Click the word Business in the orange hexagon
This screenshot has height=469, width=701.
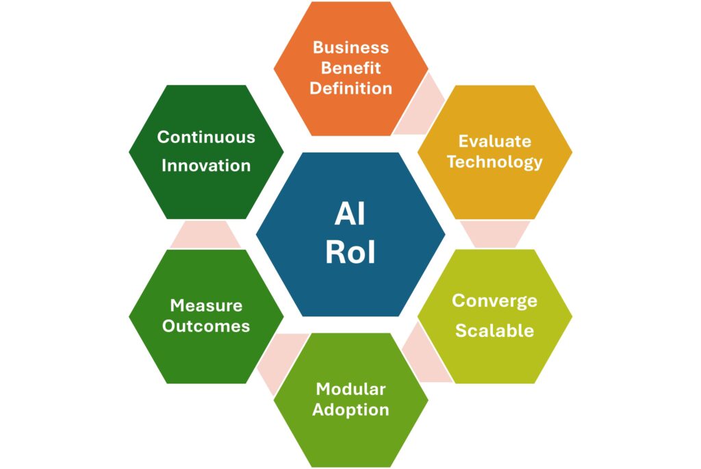[350, 48]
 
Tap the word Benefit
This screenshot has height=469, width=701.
[350, 68]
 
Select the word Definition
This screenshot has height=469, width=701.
[350, 88]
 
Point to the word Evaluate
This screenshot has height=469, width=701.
[494, 141]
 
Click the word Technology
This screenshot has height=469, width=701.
[494, 162]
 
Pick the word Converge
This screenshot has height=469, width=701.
[494, 301]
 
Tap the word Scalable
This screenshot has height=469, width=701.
[494, 330]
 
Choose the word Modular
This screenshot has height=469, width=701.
[350, 389]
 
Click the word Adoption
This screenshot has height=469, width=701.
[350, 409]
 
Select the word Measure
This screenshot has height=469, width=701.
[206, 305]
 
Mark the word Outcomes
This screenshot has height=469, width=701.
[206, 326]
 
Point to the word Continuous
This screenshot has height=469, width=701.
[206, 137]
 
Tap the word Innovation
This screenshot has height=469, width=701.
[206, 166]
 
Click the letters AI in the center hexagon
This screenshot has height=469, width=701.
[350, 214]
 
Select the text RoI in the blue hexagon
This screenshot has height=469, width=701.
[350, 253]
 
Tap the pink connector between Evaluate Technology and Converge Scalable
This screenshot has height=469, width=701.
[494, 233]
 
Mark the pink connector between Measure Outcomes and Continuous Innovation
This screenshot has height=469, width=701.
[205, 234]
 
